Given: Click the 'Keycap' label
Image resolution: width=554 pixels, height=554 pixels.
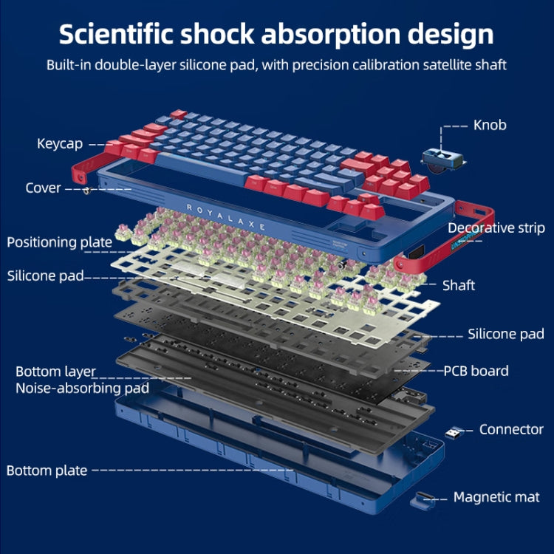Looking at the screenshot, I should pos(60,143).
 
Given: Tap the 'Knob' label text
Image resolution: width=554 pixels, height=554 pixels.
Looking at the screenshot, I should pos(490,125).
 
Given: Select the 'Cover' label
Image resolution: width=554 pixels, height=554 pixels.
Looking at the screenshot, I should pos(43,188).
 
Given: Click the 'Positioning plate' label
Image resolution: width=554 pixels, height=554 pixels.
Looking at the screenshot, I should pos(59,242).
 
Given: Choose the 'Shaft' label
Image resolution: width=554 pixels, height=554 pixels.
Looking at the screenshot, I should pos(459,285).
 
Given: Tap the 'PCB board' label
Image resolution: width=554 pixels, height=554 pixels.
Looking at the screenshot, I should pos(476,371).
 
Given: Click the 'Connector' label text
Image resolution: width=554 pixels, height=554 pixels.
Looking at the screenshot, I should pos(511,429).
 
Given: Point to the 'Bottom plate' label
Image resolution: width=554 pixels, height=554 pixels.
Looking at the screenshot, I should pos(47,470).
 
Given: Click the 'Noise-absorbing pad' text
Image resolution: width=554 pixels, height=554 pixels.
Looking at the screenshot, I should pos(82,388).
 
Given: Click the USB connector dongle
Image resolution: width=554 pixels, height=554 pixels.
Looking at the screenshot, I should pos(454,431).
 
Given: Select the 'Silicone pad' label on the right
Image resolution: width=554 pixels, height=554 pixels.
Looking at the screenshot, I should pos(505,334).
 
